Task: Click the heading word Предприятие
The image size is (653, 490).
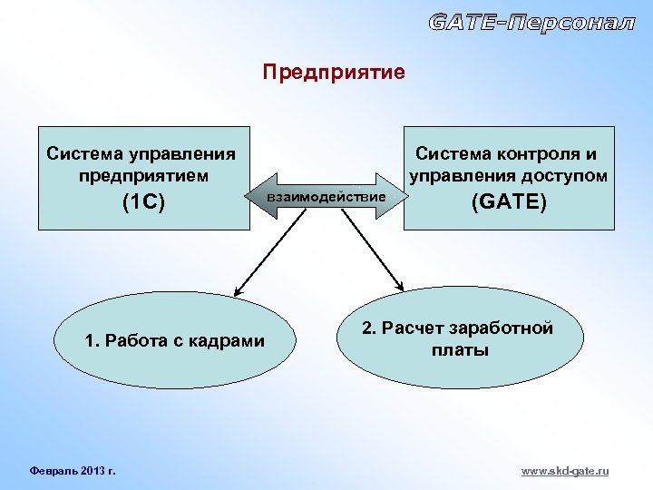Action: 334,72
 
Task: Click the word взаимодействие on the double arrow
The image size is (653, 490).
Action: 326,196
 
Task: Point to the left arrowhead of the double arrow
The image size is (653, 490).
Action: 257,196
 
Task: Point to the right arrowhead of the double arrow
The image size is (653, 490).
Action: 395,196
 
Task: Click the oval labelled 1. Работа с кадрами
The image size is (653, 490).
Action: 174,342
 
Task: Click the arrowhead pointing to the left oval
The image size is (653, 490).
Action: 238,291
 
